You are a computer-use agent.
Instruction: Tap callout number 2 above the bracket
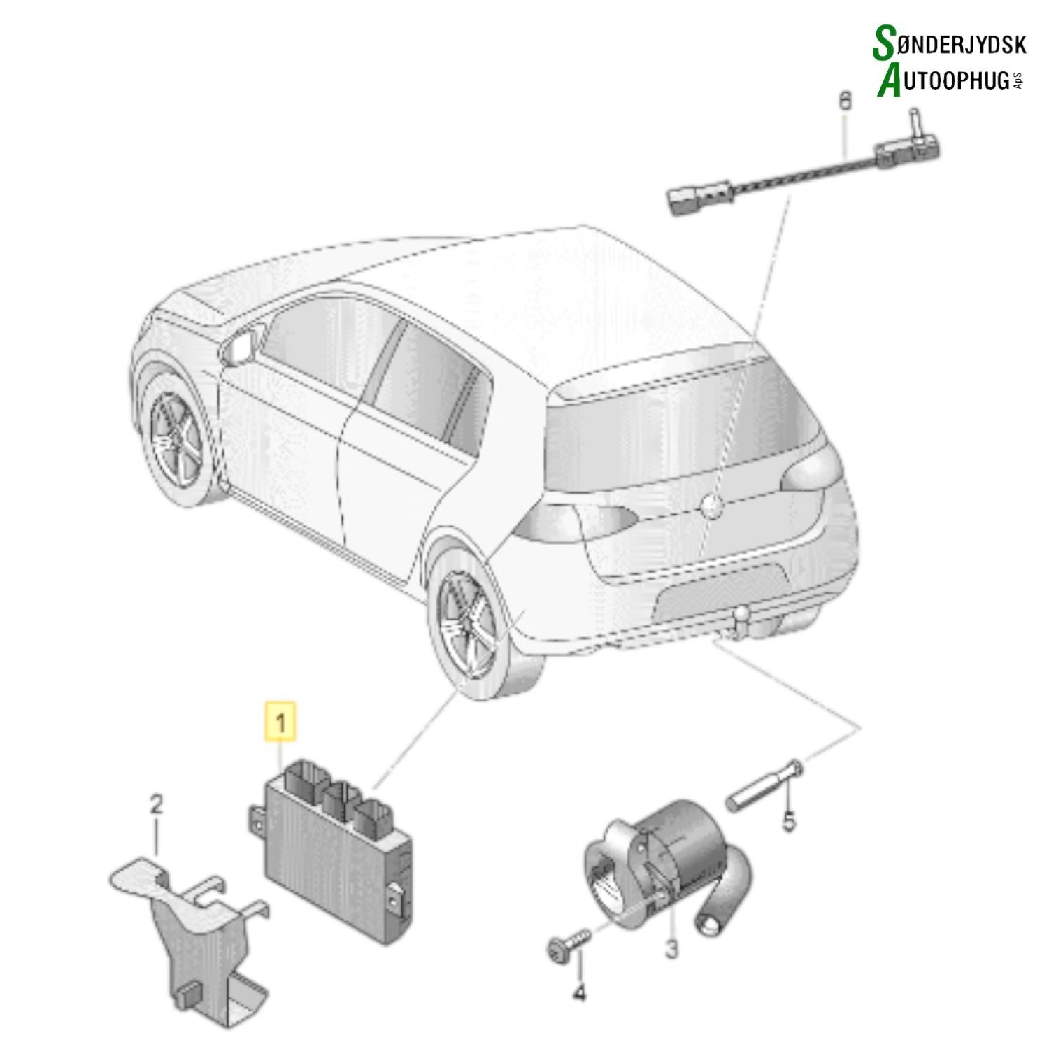coord(156,806)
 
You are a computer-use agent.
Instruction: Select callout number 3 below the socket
coord(671,950)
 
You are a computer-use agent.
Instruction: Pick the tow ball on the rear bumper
coord(742,618)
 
